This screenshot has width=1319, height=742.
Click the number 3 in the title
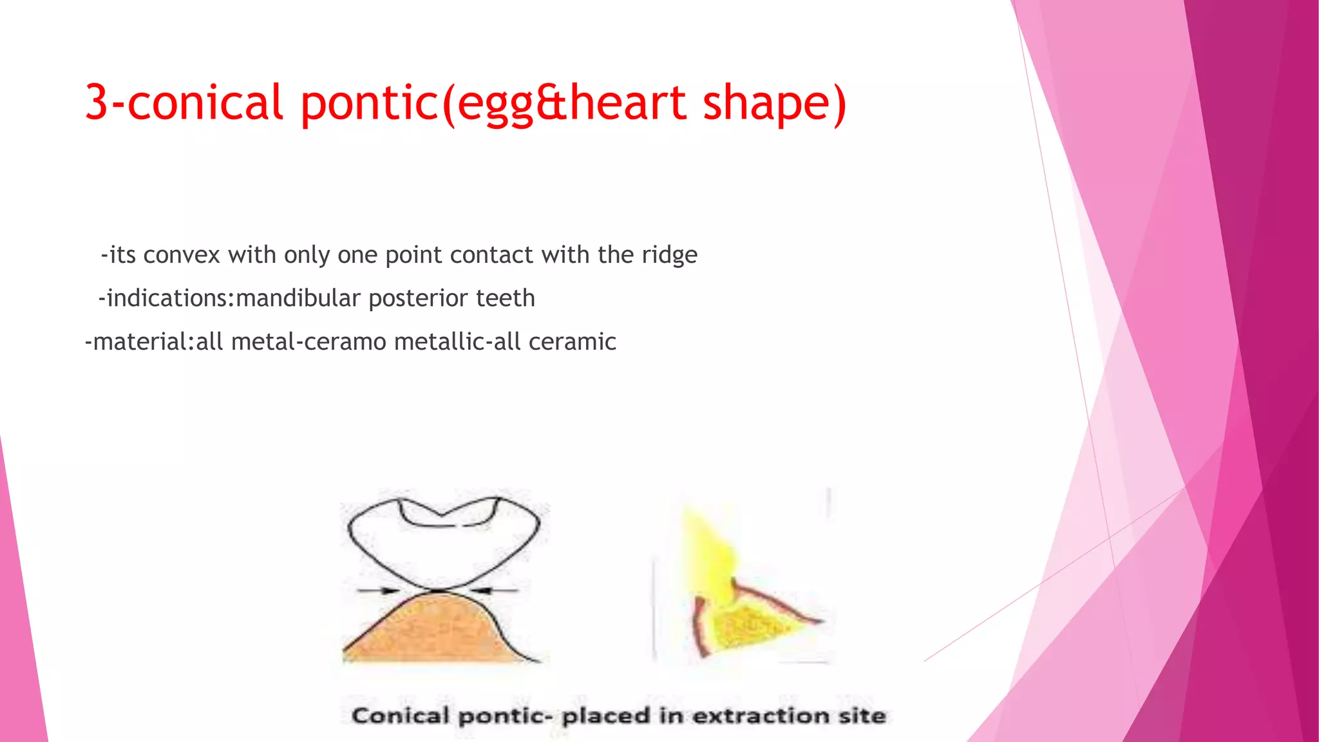pos(97,102)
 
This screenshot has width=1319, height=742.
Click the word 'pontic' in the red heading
pos(370,102)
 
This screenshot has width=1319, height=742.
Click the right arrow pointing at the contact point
pos(495,590)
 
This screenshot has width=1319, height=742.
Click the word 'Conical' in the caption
pos(400,716)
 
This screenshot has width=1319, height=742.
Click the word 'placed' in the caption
pos(605,716)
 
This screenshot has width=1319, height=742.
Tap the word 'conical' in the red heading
pos(205,102)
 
